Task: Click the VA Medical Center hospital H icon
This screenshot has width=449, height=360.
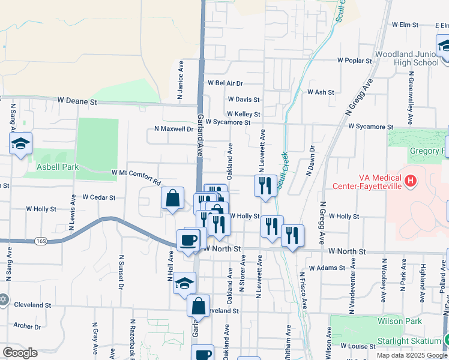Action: (x=411, y=180)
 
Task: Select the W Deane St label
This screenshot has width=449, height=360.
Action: (x=77, y=102)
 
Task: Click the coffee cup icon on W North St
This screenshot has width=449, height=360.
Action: (x=188, y=240)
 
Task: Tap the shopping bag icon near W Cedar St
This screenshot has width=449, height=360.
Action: (x=172, y=197)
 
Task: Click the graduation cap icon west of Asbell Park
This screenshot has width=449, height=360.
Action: (x=20, y=143)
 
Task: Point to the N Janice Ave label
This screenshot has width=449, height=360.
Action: (x=179, y=79)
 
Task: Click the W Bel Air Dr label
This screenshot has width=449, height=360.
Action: (x=225, y=83)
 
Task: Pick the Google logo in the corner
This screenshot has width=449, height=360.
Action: (x=20, y=353)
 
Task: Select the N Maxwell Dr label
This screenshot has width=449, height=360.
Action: (x=174, y=128)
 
